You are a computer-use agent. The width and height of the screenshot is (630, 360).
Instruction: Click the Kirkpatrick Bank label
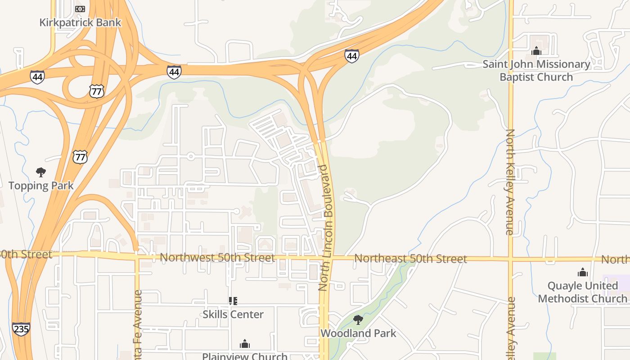pyautogui.click(x=80, y=22)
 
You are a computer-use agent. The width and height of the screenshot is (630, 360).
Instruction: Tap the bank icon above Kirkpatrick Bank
pyautogui.click(x=80, y=9)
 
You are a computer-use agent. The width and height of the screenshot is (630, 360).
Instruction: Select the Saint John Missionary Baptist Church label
pyautogui.click(x=536, y=71)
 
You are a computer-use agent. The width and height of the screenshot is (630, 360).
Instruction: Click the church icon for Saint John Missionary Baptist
pyautogui.click(x=536, y=51)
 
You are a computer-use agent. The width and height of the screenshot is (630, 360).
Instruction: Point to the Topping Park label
pyautogui.click(x=41, y=185)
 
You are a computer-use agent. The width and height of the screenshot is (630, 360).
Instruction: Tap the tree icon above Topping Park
pyautogui.click(x=41, y=172)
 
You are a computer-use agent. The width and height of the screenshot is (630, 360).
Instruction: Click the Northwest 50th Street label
pyautogui.click(x=217, y=258)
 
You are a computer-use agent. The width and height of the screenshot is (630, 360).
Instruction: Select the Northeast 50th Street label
pyautogui.click(x=410, y=259)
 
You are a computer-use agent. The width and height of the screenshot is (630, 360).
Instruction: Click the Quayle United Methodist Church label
pyautogui.click(x=582, y=292)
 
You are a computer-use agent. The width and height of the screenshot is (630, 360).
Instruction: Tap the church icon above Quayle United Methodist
pyautogui.click(x=583, y=272)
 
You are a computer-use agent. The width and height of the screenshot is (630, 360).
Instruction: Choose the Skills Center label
pyautogui.click(x=233, y=314)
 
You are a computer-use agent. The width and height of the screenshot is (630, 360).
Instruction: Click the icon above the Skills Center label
pyautogui.click(x=233, y=301)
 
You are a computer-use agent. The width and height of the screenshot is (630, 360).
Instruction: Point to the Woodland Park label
pyautogui.click(x=358, y=333)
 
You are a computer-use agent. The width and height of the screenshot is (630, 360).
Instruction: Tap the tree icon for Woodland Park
pyautogui.click(x=358, y=320)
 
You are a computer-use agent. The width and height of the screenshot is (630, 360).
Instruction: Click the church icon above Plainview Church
pyautogui.click(x=245, y=344)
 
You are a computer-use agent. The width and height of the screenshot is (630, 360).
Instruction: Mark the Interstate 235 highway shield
pyautogui.click(x=21, y=329)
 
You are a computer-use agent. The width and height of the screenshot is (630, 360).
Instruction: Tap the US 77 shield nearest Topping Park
pyautogui.click(x=80, y=157)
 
